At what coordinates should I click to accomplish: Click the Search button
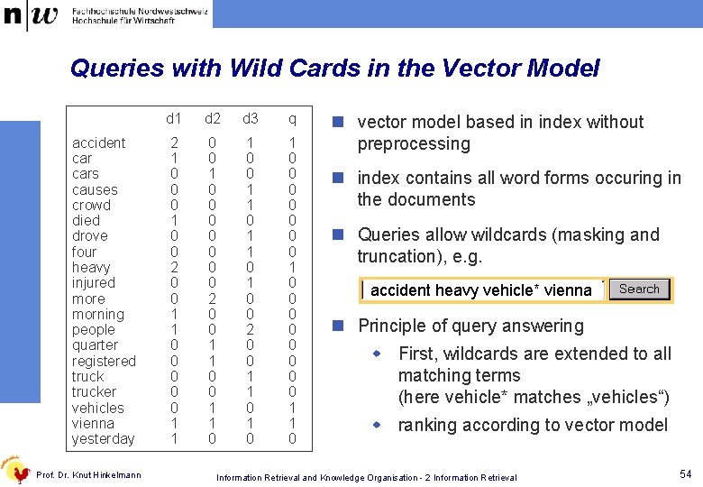click(639, 289)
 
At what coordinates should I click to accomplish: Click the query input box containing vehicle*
click(481, 290)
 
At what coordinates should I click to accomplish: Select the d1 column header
click(174, 119)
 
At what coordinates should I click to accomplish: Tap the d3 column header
click(251, 119)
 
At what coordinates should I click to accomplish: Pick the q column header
click(292, 119)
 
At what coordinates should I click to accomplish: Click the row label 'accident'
click(99, 143)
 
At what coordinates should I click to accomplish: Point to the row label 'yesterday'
click(103, 439)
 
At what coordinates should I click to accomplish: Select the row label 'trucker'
click(94, 392)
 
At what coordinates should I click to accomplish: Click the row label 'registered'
click(104, 361)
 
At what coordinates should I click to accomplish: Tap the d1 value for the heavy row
click(174, 268)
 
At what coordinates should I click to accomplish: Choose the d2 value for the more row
click(213, 299)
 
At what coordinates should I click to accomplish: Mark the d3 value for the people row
click(251, 330)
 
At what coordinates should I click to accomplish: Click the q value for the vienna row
click(292, 423)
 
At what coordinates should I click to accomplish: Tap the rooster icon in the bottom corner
click(15, 469)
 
